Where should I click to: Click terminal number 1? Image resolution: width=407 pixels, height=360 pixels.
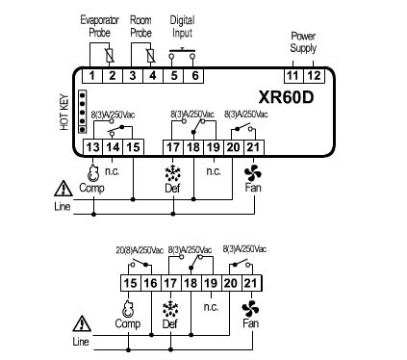92,76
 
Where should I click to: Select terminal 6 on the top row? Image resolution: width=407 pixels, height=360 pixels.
194,76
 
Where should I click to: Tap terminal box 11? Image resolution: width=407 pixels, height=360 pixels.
293,76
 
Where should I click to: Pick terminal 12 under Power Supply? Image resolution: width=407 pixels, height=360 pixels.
315,76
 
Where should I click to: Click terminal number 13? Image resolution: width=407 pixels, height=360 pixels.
92,147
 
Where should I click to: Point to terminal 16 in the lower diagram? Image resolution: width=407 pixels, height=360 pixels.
150,283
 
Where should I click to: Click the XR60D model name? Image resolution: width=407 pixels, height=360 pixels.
286,97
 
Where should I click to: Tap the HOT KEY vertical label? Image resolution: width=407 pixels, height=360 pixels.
64,112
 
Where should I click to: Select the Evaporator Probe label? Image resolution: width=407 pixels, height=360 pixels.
99,26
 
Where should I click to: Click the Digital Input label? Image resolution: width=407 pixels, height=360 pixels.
182,27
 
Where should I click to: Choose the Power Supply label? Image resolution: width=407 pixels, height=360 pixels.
303,42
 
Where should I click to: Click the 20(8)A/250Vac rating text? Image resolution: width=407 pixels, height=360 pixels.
140,250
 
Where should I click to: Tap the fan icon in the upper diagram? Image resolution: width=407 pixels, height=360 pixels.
253,173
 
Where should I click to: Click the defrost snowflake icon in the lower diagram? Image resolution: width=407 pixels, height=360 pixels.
170,309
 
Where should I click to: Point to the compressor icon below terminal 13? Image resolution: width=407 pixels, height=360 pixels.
93,173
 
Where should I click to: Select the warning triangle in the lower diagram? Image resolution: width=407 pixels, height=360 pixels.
82,323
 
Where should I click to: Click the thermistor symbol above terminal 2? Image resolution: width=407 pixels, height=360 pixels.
110,56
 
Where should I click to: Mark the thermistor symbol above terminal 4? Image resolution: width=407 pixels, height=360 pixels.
151,56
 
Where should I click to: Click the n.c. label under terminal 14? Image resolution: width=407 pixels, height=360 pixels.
113,171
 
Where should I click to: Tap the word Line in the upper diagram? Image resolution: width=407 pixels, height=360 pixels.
63,206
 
